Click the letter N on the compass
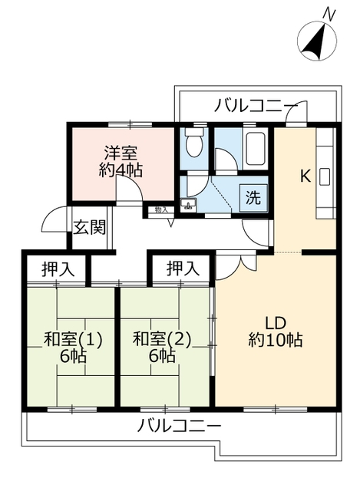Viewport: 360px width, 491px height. coord(330,13)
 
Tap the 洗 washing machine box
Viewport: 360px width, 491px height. coord(252,196)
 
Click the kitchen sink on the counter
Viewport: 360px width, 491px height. coord(323,176)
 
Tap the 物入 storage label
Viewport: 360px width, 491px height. coord(161,209)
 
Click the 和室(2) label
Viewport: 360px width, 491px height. coord(160,338)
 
